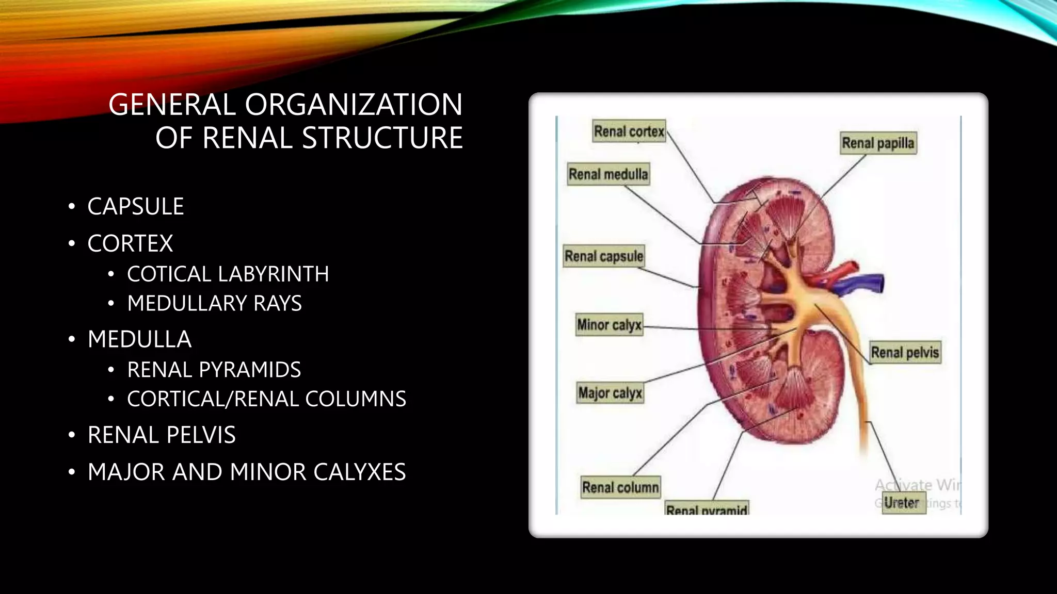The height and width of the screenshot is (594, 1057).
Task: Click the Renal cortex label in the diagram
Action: point(629,131)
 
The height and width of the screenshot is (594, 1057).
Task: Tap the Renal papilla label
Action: point(878,143)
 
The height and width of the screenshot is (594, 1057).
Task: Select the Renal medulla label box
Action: point(608,174)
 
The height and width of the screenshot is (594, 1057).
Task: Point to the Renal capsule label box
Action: point(604,256)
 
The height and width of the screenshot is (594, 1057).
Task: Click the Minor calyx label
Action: point(609,325)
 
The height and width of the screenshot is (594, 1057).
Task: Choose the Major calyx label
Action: point(610,393)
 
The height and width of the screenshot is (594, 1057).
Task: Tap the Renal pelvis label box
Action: point(905,352)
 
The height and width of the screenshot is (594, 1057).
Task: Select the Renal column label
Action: point(620,487)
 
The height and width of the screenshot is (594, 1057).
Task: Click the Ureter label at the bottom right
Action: point(901,503)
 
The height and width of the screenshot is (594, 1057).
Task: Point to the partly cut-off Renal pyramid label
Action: point(707,509)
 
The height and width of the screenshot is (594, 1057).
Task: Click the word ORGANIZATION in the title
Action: point(353,105)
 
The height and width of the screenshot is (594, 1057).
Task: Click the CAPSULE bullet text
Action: point(136,206)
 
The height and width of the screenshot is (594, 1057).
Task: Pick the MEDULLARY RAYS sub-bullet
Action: point(214,303)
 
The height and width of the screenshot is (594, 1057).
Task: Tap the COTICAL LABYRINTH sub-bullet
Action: point(228,274)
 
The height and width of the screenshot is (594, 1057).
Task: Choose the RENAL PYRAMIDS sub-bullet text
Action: point(214,370)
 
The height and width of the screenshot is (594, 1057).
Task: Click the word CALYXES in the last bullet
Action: point(359,472)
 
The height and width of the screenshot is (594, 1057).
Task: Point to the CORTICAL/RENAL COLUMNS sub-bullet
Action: point(266,399)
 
